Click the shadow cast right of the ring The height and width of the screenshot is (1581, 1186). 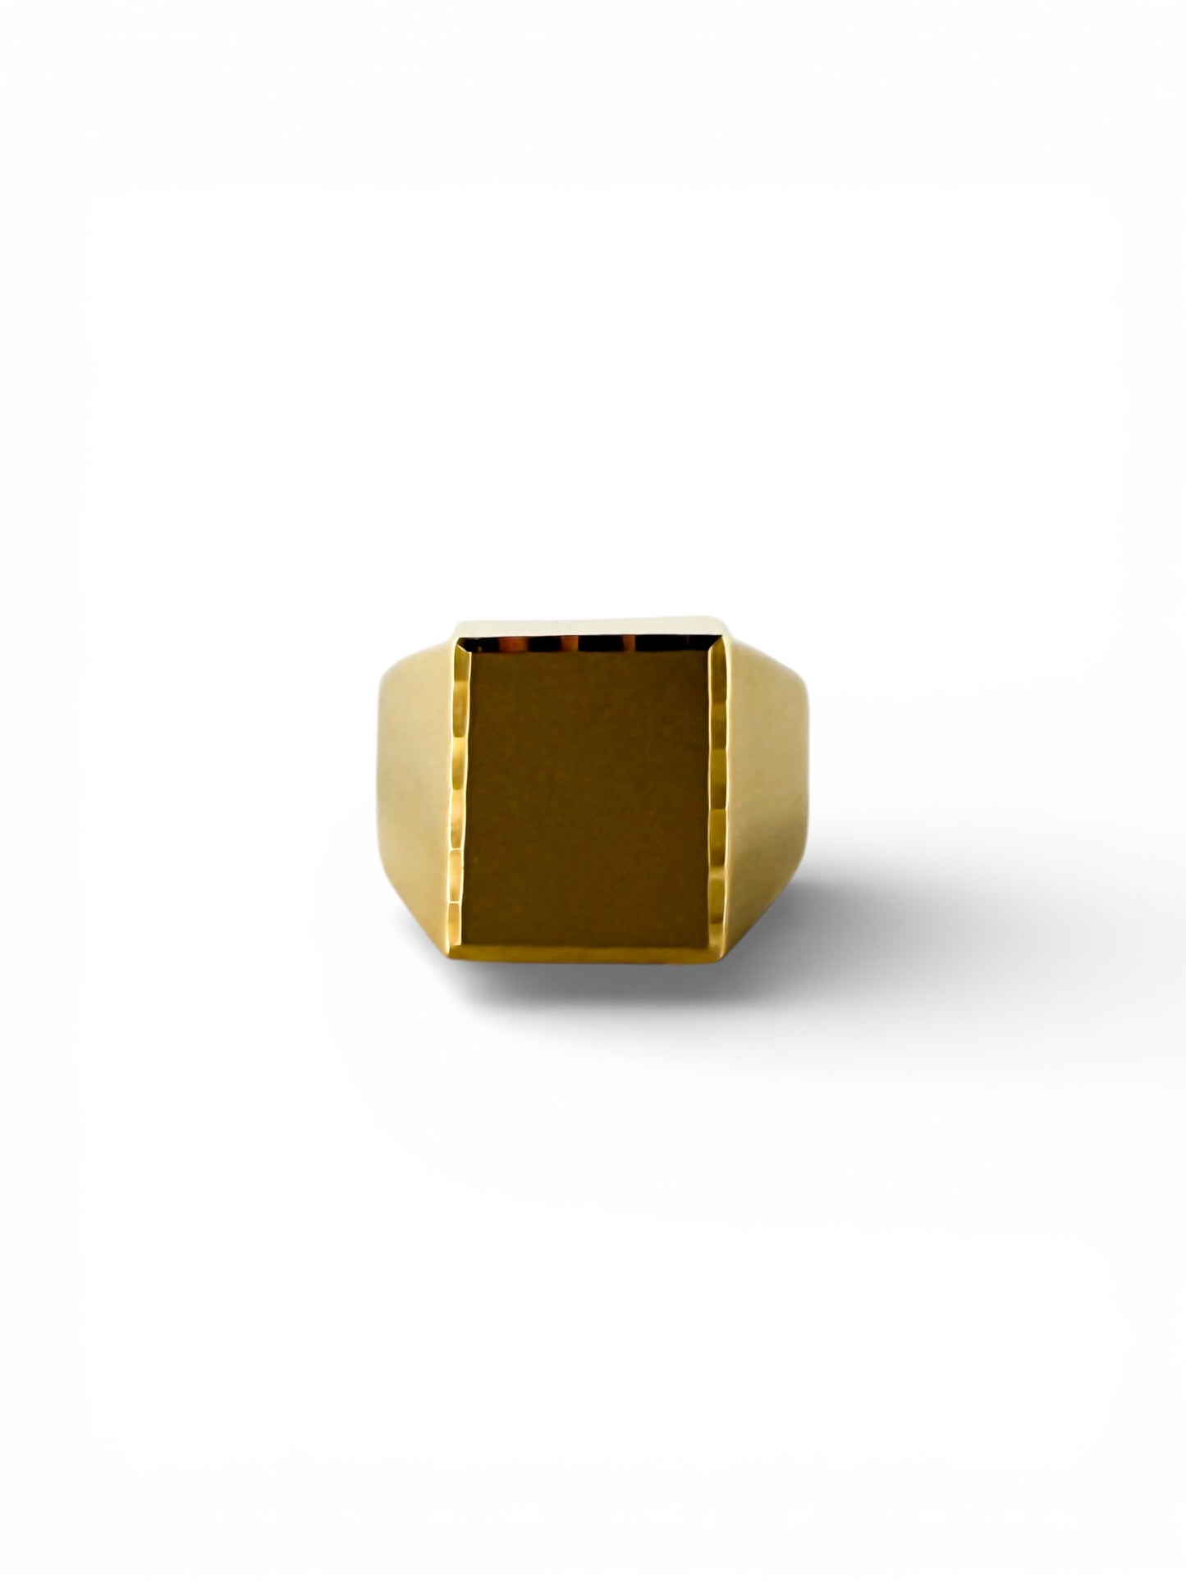tap(870, 927)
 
